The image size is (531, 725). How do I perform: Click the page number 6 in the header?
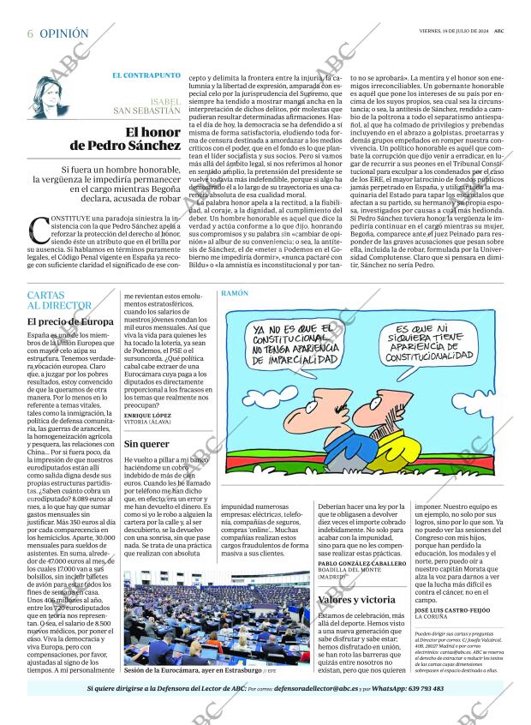(x=30, y=33)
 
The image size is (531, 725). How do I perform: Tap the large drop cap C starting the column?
(x=39, y=230)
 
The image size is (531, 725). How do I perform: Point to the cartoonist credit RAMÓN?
(x=235, y=293)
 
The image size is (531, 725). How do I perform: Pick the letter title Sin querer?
(x=146, y=444)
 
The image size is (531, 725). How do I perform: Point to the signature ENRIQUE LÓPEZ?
(x=148, y=415)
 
